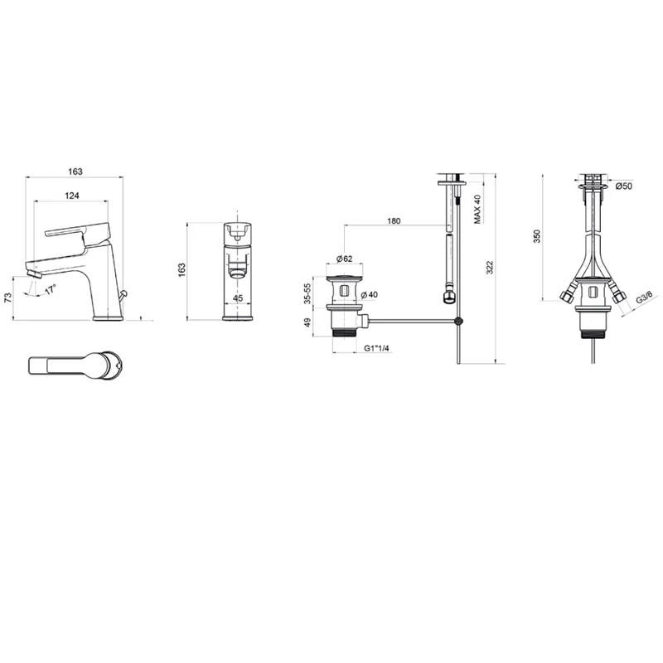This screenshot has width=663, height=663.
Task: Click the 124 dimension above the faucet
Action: (x=72, y=196)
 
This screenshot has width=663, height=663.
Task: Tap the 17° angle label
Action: (x=51, y=289)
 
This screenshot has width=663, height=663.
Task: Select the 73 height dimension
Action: (x=8, y=298)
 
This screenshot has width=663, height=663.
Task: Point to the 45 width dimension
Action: (x=238, y=298)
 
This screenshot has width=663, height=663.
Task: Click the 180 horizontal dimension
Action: (x=394, y=220)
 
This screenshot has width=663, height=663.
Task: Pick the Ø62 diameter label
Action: (x=344, y=259)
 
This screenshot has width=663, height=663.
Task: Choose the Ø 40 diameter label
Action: (x=369, y=295)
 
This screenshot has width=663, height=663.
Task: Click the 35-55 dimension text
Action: (x=307, y=293)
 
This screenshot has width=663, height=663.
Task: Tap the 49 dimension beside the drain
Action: (x=307, y=322)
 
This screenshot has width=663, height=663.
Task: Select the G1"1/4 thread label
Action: (x=377, y=348)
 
